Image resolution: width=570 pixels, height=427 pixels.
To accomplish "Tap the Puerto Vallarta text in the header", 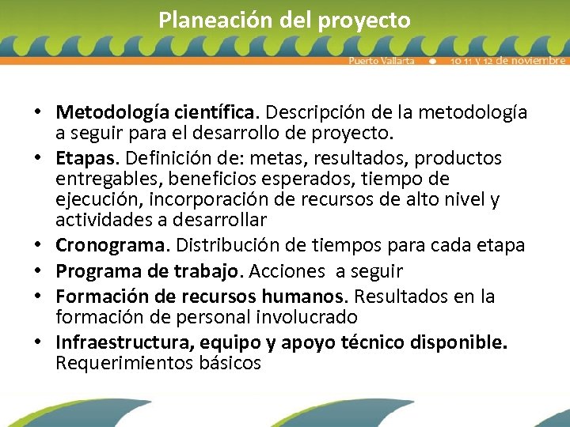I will (382, 61).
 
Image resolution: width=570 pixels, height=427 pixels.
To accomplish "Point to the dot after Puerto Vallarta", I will (432, 61).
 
